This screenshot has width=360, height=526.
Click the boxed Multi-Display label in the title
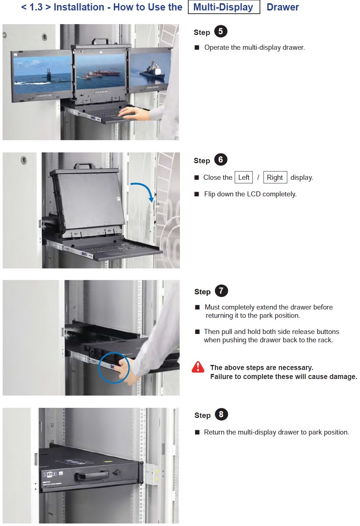(x=224, y=7)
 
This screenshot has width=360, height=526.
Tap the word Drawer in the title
(x=283, y=7)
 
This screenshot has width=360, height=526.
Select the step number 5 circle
(x=221, y=32)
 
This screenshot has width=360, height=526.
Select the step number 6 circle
(x=221, y=160)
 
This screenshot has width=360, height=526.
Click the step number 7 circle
(x=221, y=291)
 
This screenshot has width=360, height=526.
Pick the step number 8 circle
(x=221, y=414)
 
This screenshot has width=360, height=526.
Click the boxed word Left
(x=244, y=177)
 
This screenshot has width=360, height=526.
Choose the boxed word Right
(x=275, y=177)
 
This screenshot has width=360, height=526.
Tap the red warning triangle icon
(x=198, y=367)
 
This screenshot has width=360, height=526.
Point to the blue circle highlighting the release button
(x=113, y=367)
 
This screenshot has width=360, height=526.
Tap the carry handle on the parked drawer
(x=91, y=475)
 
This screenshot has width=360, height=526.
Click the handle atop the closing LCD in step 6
(x=85, y=166)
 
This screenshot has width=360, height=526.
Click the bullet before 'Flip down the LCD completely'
(x=197, y=194)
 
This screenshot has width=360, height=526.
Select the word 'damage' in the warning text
(x=342, y=376)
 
